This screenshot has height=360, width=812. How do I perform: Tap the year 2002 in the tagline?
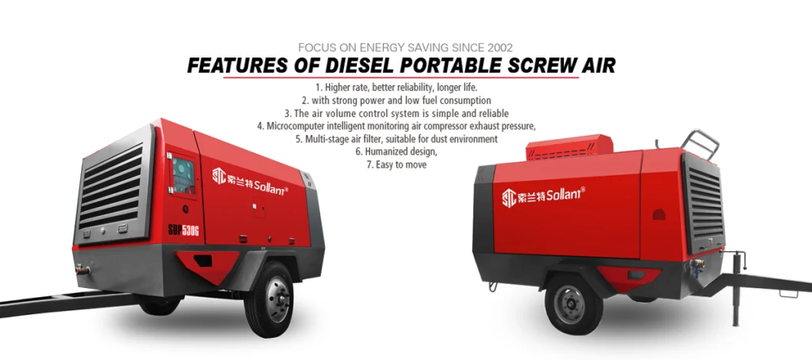499,47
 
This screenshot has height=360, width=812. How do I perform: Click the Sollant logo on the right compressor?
543,196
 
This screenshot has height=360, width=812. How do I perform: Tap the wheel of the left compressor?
268,299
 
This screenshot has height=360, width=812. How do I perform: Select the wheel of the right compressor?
573,303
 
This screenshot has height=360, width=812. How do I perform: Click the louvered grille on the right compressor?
704,202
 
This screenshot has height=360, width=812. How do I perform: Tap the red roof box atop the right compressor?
569,146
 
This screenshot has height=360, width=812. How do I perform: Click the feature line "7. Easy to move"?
396,165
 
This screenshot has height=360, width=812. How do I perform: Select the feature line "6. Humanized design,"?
396,152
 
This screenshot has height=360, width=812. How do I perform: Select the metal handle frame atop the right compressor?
699,142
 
